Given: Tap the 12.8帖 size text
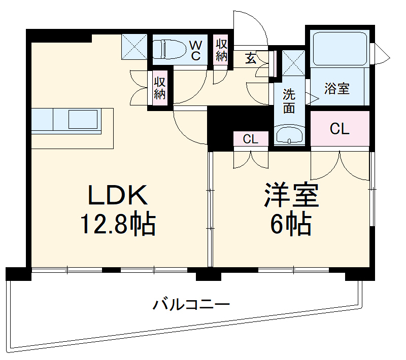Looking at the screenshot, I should (118, 224).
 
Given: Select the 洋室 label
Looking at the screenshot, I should (290, 195).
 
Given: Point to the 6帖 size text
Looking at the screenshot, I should (290, 224).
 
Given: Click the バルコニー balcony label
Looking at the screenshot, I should (192, 305).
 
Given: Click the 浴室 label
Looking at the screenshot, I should (337, 88).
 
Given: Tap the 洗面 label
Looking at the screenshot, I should (289, 100).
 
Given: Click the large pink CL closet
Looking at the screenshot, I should (340, 129).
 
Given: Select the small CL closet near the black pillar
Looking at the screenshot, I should (250, 139).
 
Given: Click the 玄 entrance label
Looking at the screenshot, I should (251, 58).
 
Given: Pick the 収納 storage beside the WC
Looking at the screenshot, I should (221, 49).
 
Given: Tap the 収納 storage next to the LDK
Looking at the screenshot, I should (160, 87).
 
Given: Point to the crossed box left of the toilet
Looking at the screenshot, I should (134, 46).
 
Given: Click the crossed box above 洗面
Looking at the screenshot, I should (293, 62).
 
